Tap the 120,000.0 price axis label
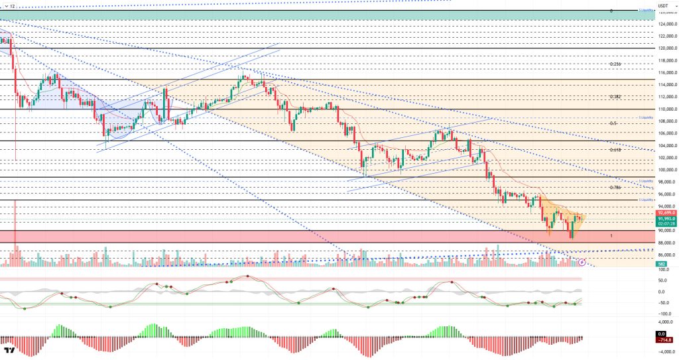tap(666, 48)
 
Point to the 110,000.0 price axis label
tap(666, 109)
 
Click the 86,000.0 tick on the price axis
tap(666, 255)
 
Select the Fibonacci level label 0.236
tap(614, 64)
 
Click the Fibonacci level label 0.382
tap(614, 96)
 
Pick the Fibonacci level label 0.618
tap(614, 150)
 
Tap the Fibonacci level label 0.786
tap(614, 188)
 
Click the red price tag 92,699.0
tap(666, 212)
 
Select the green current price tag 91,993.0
tap(666, 218)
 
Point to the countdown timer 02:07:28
tap(666, 223)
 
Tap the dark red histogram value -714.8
tap(666, 339)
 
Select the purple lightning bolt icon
tap(582, 262)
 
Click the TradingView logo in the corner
tap(9, 350)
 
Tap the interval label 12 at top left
tap(11, 5)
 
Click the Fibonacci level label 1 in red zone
tap(611, 236)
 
